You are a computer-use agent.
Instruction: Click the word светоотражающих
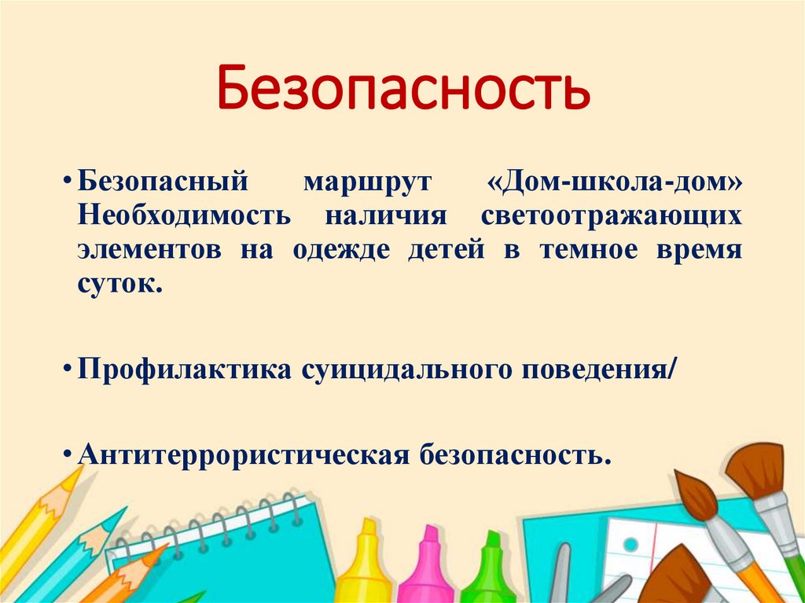(612, 216)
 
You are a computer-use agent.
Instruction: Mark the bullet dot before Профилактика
(69, 370)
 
